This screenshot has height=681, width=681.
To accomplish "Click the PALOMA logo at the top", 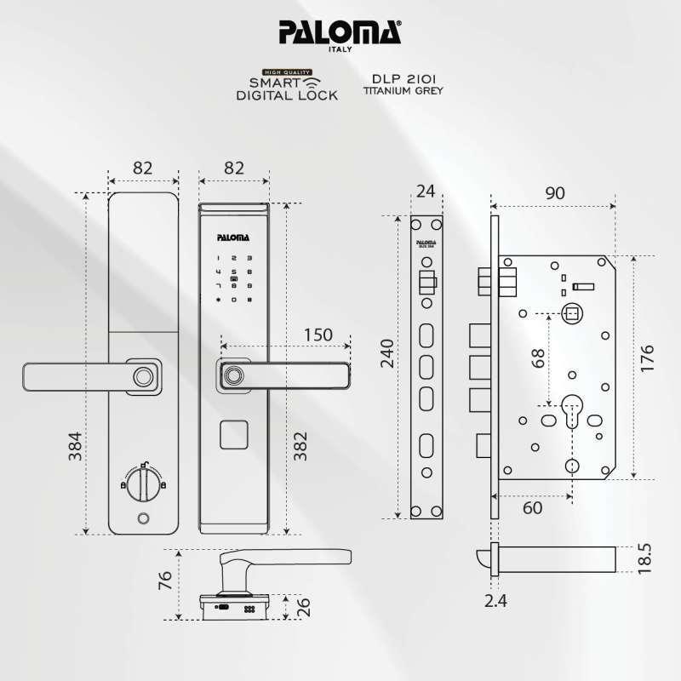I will [340, 33].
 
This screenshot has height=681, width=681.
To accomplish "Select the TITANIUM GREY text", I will [403, 89].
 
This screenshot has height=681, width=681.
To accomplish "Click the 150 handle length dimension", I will [318, 335].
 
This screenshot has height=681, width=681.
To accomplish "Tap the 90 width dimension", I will [554, 193].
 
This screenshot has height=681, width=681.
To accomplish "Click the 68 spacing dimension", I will [537, 358].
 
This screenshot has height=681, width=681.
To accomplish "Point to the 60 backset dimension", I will [531, 508].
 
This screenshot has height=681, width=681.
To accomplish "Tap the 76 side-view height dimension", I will [165, 580].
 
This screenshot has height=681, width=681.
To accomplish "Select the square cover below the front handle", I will [232, 434].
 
